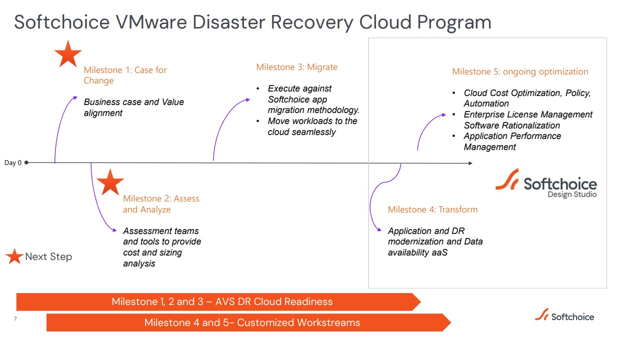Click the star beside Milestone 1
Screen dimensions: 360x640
coord(67,53)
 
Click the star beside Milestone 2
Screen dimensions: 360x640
coord(110,182)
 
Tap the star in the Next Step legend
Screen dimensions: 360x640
coord(14,256)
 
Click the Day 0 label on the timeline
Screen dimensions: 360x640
coord(13,162)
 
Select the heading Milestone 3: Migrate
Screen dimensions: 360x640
coord(296,67)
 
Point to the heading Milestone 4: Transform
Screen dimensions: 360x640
coord(432,209)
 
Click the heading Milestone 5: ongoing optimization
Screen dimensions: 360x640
coord(520,71)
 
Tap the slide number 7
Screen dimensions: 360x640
coord(15,318)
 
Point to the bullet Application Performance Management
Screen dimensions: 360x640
coord(512,141)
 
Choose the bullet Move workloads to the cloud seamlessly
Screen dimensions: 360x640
coord(312,126)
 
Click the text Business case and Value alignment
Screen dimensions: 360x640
coord(133,107)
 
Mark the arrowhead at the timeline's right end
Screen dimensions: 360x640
coord(470,163)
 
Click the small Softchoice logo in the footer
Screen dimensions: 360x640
coord(564,316)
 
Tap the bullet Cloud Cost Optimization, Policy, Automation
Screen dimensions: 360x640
coord(527,98)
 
